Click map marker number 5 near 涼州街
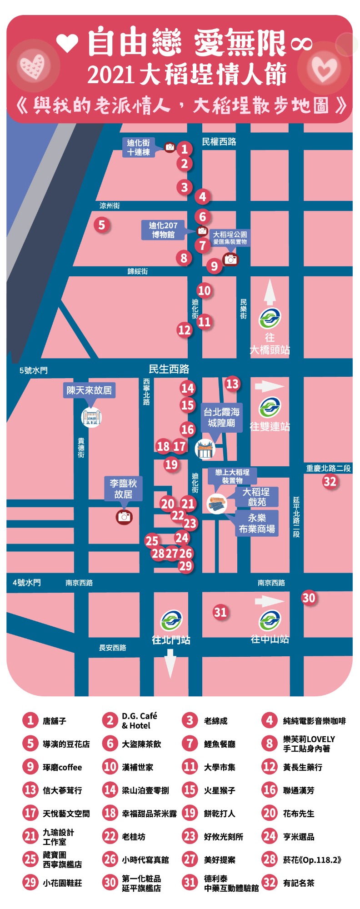pos(102,225)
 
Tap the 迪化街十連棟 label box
pos(139,147)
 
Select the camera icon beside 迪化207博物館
pos(202,231)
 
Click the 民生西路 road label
pos(169,369)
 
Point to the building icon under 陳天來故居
pos(91,417)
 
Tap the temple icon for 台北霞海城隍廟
pos(205,449)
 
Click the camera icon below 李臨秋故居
pos(124,517)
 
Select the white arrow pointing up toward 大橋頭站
pos(270,292)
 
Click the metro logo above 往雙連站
pos(270,407)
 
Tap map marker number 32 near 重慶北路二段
pos(330,481)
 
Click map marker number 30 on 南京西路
pos(309,598)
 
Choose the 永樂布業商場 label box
pos(257,523)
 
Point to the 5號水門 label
pos(33,370)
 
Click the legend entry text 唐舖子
pos(55,721)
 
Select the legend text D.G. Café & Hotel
pos(139,721)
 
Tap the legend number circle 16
pos(269,790)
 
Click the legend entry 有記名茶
pos(299,883)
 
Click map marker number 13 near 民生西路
pos(232,384)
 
